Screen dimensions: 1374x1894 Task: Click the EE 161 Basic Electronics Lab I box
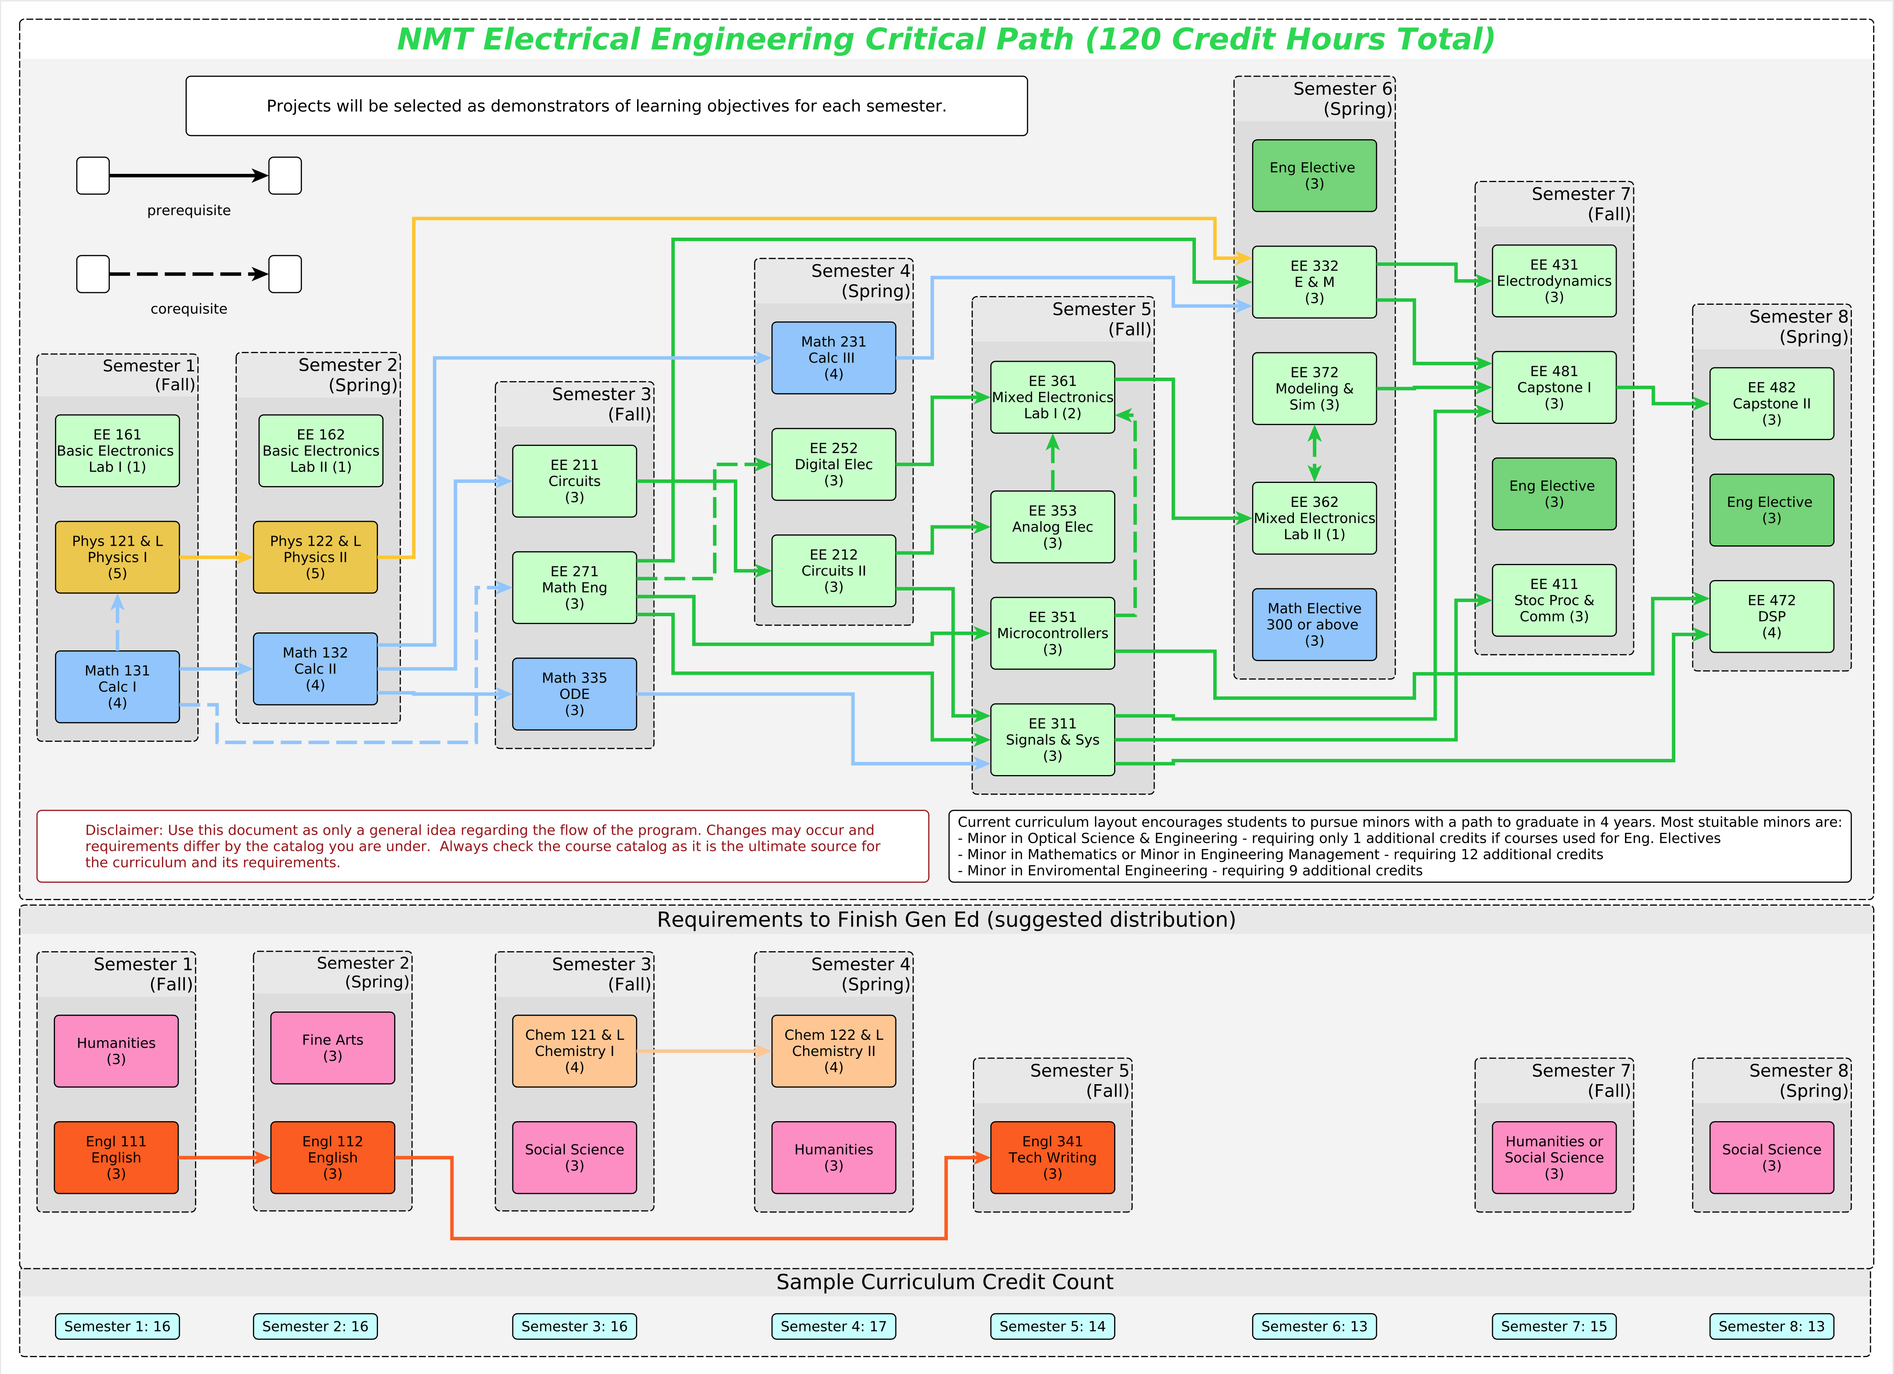(x=117, y=451)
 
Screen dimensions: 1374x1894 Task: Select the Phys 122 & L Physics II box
(x=315, y=557)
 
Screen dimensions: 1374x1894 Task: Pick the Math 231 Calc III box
(x=833, y=357)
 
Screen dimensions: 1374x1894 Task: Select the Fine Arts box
(x=332, y=1048)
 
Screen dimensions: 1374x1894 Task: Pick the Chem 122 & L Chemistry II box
(x=833, y=1051)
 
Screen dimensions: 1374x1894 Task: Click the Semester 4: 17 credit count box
(x=833, y=1326)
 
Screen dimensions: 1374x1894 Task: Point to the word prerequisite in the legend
(x=189, y=210)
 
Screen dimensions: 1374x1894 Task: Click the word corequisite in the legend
(x=189, y=309)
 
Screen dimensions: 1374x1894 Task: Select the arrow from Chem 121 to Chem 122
(x=703, y=1051)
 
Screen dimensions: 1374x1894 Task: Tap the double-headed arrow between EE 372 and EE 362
(x=1314, y=453)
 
